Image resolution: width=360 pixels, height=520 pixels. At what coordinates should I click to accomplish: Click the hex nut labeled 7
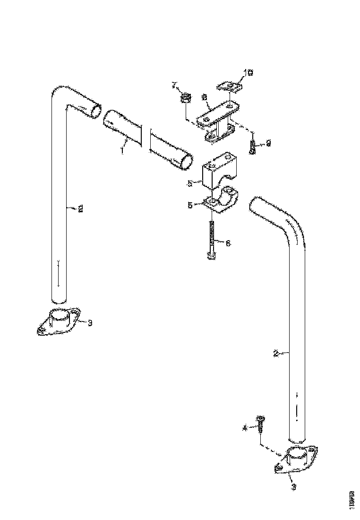point(186,98)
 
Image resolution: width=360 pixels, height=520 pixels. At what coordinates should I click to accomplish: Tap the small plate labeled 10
point(229,87)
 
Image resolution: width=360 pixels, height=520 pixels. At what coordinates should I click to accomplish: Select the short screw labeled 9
point(253,147)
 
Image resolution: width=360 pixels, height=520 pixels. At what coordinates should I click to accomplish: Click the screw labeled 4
point(260,425)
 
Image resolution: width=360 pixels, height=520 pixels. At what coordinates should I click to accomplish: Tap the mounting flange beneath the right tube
point(296,459)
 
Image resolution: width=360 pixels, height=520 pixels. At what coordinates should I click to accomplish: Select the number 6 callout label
point(228,243)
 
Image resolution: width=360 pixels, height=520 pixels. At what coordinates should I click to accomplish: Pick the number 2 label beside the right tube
point(276,353)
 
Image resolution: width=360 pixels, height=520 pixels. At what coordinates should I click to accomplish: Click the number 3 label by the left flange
point(90,322)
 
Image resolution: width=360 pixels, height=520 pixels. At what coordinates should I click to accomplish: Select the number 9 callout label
point(268,143)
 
